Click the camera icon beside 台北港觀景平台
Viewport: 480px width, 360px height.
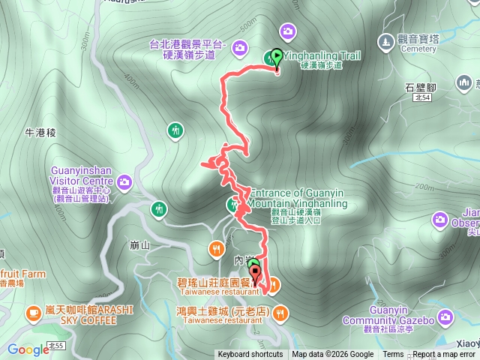point(240,49)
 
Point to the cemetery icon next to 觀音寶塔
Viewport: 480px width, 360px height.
point(385,40)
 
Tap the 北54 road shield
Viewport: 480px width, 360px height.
point(423,97)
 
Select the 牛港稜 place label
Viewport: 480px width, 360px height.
point(40,133)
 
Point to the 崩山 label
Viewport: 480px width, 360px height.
point(140,245)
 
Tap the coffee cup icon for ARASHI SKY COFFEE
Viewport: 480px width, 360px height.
point(33,312)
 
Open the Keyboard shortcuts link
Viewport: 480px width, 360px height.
point(250,355)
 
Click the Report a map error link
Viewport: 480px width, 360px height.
point(444,355)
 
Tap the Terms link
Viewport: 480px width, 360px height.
point(393,355)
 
